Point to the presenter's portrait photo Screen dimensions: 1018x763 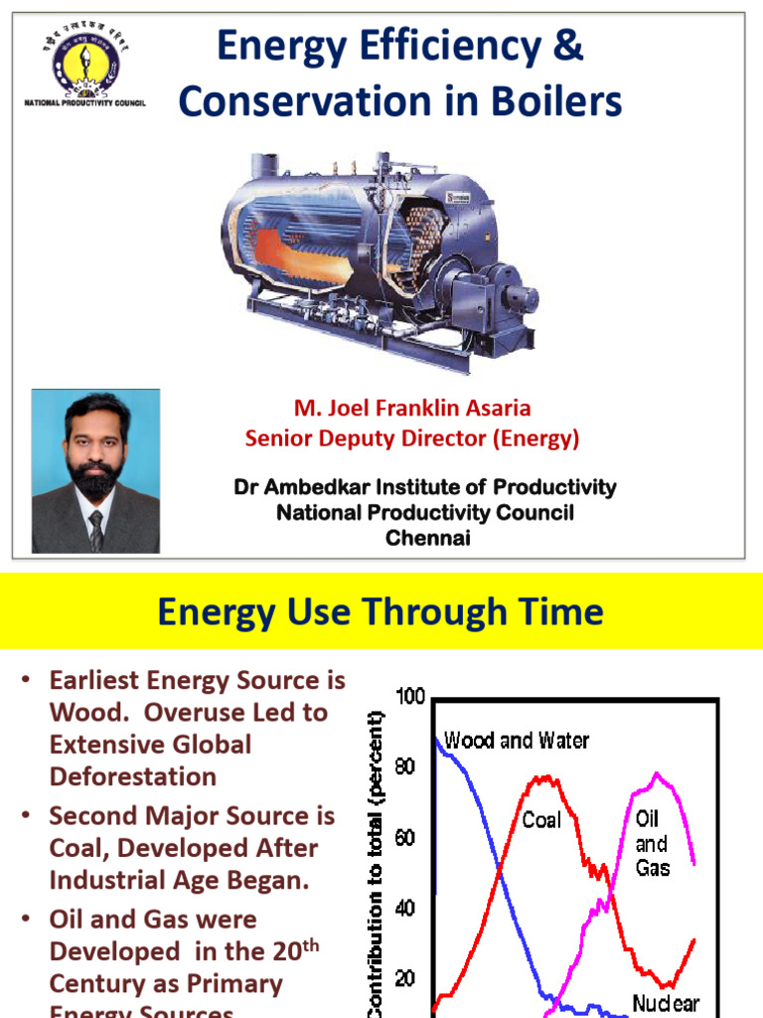pos(95,470)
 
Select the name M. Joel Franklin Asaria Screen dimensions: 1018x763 pos(411,409)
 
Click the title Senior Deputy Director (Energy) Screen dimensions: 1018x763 pos(411,437)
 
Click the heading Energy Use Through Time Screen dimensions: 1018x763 pos(381,611)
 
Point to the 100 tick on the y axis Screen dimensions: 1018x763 pos(410,697)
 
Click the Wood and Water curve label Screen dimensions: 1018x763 pos(517,741)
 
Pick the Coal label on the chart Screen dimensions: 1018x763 pos(542,821)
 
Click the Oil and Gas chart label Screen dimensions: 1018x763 pos(652,844)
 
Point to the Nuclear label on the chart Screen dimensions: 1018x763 pos(666,1003)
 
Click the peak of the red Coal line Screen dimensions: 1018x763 pos(541,778)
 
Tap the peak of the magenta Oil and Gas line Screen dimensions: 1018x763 pos(657,773)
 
